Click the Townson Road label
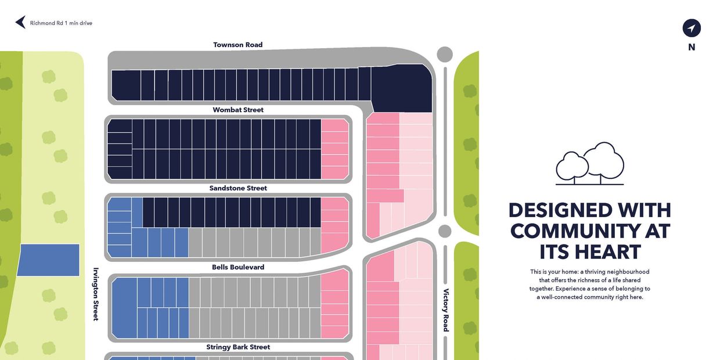[237, 45]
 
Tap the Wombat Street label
[238, 110]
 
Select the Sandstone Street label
[238, 188]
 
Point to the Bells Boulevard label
[238, 267]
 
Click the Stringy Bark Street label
[238, 347]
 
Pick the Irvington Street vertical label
[96, 294]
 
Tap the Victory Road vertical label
[446, 310]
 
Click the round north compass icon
[692, 28]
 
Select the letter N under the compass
[692, 48]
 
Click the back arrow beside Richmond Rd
[20, 23]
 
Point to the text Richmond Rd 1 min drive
[61, 23]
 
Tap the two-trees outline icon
[589, 164]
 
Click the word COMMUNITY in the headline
[589, 231]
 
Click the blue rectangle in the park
[48, 260]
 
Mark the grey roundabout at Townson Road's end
[445, 55]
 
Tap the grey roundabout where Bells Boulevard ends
[445, 231]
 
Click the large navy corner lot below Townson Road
[402, 87]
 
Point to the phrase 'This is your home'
[553, 272]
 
